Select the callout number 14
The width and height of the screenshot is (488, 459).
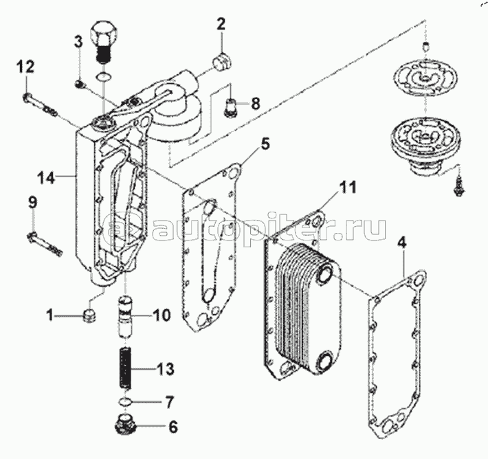pyautogui.click(x=46, y=178)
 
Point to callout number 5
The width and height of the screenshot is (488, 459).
pyautogui.click(x=265, y=144)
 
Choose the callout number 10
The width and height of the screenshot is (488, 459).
pyautogui.click(x=162, y=316)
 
